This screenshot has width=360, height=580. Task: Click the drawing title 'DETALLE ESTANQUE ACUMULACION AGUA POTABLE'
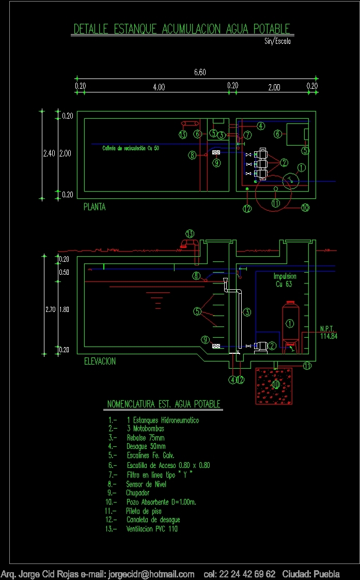pyautogui.click(x=182, y=29)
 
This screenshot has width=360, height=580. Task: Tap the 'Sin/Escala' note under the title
pyautogui.click(x=277, y=41)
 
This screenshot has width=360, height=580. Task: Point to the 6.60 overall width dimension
pyautogui.click(x=200, y=72)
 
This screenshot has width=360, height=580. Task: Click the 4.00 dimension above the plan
pyautogui.click(x=159, y=87)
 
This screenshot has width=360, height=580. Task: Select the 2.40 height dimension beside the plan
pyautogui.click(x=48, y=153)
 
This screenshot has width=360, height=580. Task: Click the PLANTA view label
pyautogui.click(x=95, y=207)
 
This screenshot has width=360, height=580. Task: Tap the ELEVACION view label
pyautogui.click(x=100, y=362)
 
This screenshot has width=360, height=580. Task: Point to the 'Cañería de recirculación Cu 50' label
pyautogui.click(x=131, y=148)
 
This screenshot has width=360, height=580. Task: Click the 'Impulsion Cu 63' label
pyautogui.click(x=285, y=280)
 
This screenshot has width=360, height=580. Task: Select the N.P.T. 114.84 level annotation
pyautogui.click(x=328, y=332)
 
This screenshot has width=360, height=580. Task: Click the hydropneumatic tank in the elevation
pyautogui.click(x=290, y=323)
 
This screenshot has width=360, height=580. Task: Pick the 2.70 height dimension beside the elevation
pyautogui.click(x=50, y=310)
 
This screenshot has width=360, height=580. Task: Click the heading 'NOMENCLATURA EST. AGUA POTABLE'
pyautogui.click(x=164, y=404)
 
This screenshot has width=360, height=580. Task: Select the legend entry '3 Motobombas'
pyautogui.click(x=145, y=429)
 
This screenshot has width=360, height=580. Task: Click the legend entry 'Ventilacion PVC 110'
pyautogui.click(x=152, y=529)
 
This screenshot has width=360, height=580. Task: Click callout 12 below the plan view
pyautogui.click(x=247, y=209)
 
